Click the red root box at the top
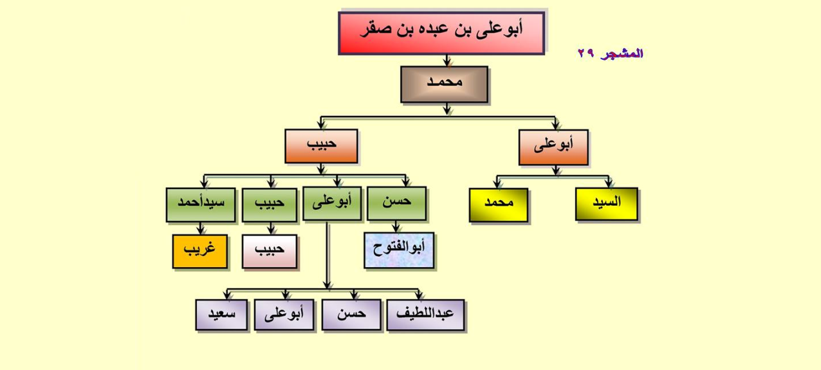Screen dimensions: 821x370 441,33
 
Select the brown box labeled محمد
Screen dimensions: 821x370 444,84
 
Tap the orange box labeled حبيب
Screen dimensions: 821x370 321,146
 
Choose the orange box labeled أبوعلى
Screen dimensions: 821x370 553,147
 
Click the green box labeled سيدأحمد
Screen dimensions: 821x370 201,205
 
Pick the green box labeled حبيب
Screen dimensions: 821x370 270,205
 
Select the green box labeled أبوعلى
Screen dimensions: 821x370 332,203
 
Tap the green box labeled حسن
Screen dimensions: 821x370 396,203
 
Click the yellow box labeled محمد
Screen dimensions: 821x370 499,205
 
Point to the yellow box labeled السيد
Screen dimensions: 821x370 607,204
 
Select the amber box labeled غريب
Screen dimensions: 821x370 200,252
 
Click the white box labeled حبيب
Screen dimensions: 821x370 270,252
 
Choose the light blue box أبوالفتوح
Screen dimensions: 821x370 399,250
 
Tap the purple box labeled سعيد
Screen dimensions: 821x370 221,315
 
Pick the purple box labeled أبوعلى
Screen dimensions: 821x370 284,315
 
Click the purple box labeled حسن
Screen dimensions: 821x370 351,315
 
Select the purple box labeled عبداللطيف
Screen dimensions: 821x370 425,315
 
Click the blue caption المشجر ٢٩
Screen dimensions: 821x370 610,53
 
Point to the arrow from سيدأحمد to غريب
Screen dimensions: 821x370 200,228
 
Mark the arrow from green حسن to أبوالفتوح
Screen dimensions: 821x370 396,227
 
